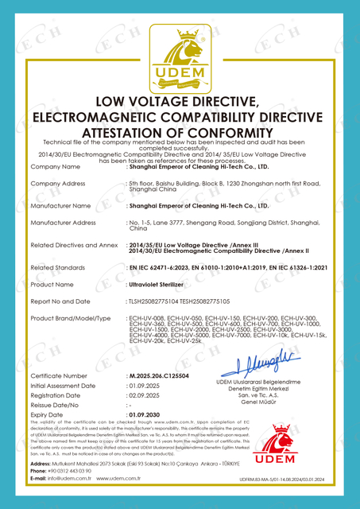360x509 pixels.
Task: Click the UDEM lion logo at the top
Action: tap(180, 55)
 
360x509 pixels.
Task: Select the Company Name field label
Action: tap(55, 167)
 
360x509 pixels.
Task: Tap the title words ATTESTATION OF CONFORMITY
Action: tap(179, 133)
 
